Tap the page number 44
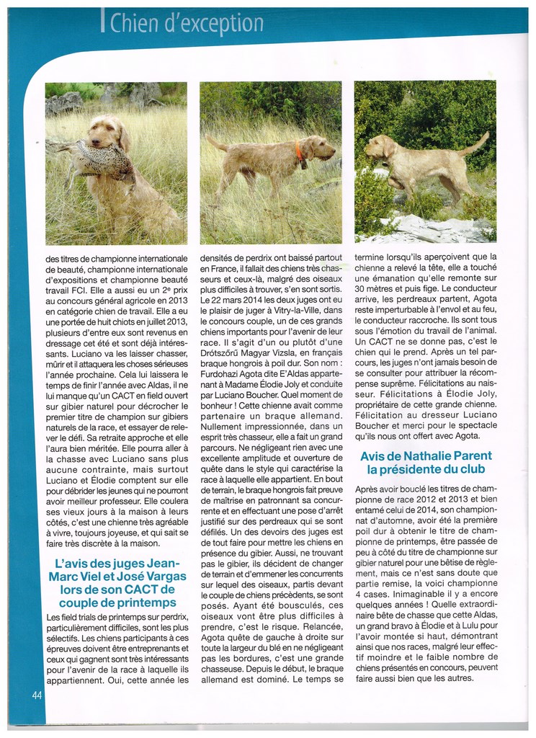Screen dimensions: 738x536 click(x=37, y=695)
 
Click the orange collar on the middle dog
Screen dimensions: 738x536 click(x=298, y=151)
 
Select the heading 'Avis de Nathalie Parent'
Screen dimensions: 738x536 click(x=426, y=456)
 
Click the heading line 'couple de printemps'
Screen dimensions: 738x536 click(x=117, y=603)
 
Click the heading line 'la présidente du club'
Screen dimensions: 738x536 click(x=426, y=470)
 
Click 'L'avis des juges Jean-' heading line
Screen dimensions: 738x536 click(x=117, y=563)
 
